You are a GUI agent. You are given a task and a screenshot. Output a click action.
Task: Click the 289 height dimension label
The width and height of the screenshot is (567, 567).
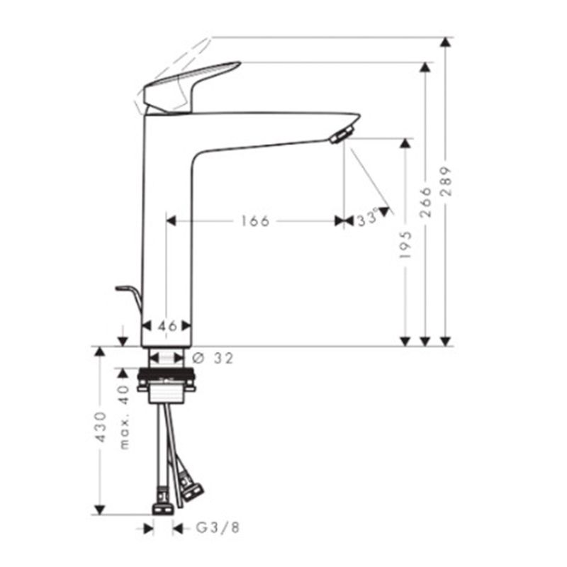point(447,181)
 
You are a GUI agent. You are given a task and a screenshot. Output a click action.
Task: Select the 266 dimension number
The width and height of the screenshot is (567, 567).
point(426,202)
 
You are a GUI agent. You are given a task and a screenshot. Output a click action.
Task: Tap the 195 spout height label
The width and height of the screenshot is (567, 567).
point(405,245)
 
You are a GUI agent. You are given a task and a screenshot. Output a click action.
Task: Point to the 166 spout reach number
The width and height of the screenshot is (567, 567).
point(255,221)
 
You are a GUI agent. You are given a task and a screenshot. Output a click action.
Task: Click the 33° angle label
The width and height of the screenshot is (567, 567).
point(367,219)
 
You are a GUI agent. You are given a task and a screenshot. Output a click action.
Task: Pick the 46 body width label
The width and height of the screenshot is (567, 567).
point(167,326)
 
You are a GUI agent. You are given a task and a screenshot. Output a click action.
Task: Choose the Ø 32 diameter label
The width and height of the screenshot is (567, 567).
point(213,358)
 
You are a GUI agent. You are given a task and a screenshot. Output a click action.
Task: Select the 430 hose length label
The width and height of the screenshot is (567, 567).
point(100,427)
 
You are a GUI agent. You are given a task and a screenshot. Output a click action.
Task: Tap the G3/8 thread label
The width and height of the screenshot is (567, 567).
point(218,528)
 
